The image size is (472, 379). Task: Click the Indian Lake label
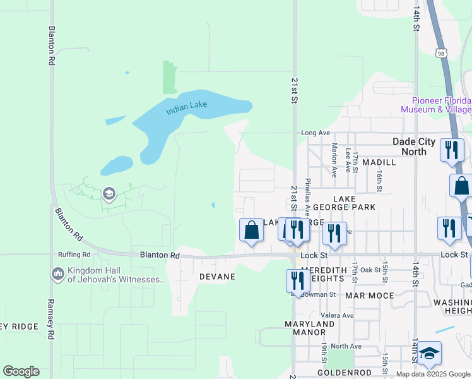click(186, 108)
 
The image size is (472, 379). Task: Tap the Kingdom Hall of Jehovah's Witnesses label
click(114, 274)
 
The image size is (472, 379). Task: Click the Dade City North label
click(418, 147)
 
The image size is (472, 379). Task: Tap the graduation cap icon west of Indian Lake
click(109, 193)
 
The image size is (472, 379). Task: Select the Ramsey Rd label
click(50, 319)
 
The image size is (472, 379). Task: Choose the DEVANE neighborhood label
click(217, 277)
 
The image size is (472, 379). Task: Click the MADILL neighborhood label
click(379, 162)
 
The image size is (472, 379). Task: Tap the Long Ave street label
click(316, 133)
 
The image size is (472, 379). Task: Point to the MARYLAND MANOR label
click(309, 328)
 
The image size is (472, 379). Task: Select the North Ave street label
click(346, 346)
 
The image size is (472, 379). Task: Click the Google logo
click(21, 371)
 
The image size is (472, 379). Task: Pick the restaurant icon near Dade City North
click(452, 150)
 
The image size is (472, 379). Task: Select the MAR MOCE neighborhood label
click(369, 295)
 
